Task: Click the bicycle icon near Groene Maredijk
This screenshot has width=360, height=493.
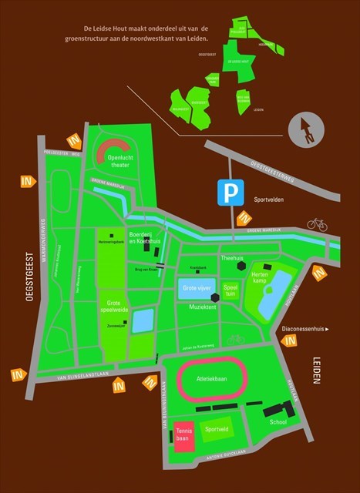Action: coord(317,223)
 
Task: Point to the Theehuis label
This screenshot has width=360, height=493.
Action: coord(231,258)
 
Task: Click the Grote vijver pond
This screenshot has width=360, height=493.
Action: coord(196,290)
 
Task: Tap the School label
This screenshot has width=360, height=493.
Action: coord(278,422)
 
